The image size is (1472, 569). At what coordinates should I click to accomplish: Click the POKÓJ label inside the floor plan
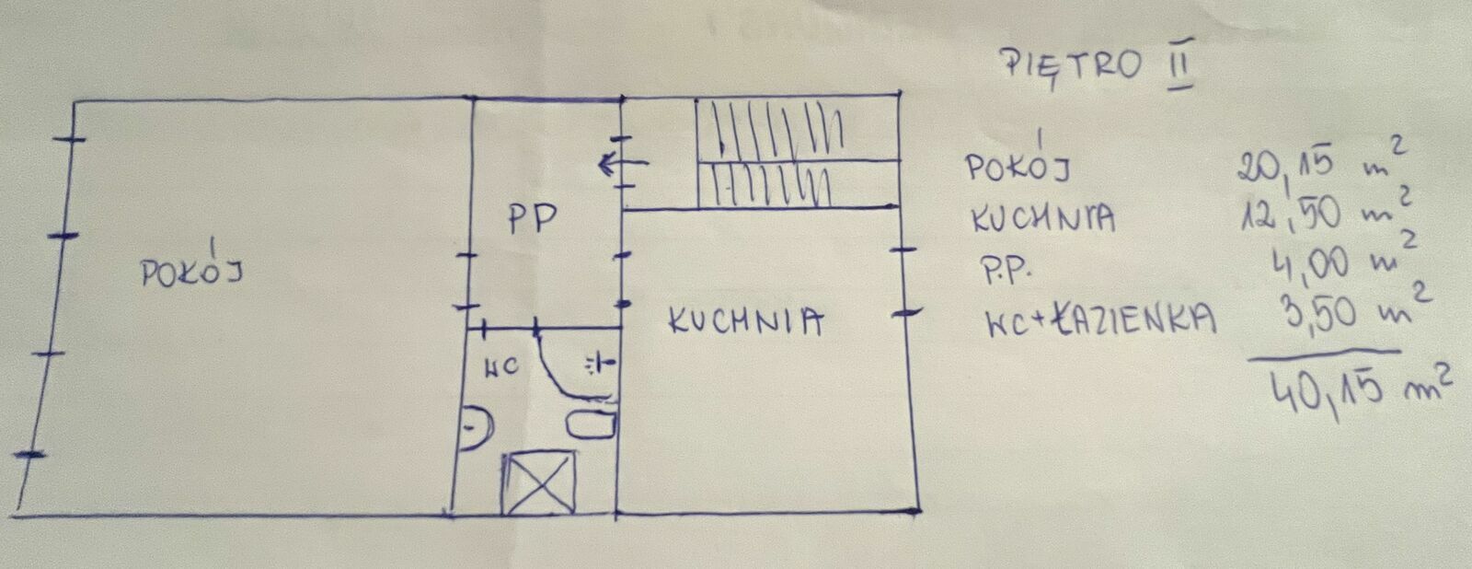[x=192, y=272]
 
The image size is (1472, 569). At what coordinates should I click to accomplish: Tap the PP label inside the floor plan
[x=532, y=219]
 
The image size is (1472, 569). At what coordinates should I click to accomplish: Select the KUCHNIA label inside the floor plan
[x=744, y=321]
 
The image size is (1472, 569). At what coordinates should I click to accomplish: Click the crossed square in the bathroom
[x=538, y=482]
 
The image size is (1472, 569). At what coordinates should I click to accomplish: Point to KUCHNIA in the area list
[x=1041, y=219]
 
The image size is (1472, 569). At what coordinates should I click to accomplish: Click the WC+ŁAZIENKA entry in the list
[x=1099, y=319]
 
